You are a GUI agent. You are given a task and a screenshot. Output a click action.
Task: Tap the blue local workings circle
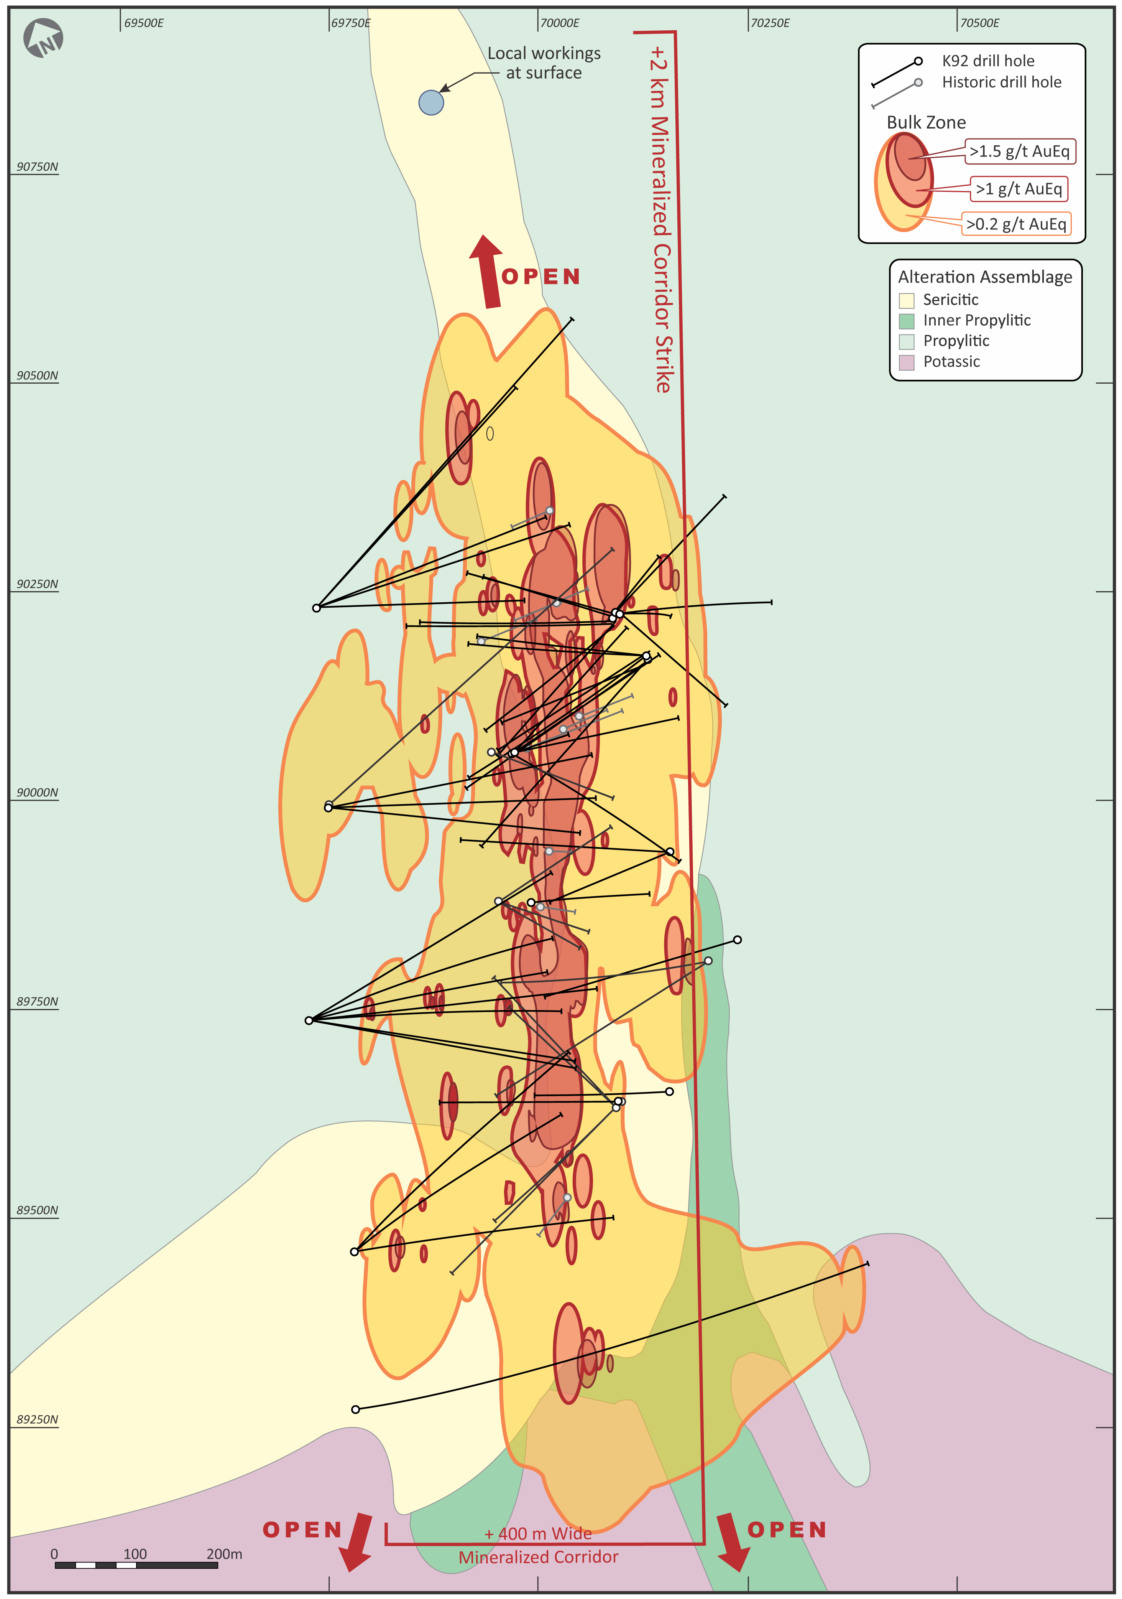(431, 102)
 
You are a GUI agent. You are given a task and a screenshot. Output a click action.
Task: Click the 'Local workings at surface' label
(544, 63)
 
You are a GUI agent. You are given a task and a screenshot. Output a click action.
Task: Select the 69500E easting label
(143, 23)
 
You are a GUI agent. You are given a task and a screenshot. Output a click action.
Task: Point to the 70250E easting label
(770, 23)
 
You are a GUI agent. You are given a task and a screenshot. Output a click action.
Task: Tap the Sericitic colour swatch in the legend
(906, 300)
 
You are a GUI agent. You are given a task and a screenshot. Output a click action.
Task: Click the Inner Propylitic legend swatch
(906, 321)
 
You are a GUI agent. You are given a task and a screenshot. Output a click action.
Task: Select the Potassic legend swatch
(906, 362)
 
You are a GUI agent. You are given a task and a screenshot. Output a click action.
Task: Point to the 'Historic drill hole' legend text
(1002, 82)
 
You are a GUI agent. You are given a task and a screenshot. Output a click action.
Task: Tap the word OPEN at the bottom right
(787, 1530)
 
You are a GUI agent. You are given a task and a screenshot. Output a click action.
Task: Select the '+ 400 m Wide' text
(538, 1533)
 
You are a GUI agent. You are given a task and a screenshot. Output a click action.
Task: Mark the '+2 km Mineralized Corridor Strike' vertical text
(661, 219)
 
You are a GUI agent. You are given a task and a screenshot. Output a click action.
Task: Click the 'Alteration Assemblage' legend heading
(985, 277)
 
